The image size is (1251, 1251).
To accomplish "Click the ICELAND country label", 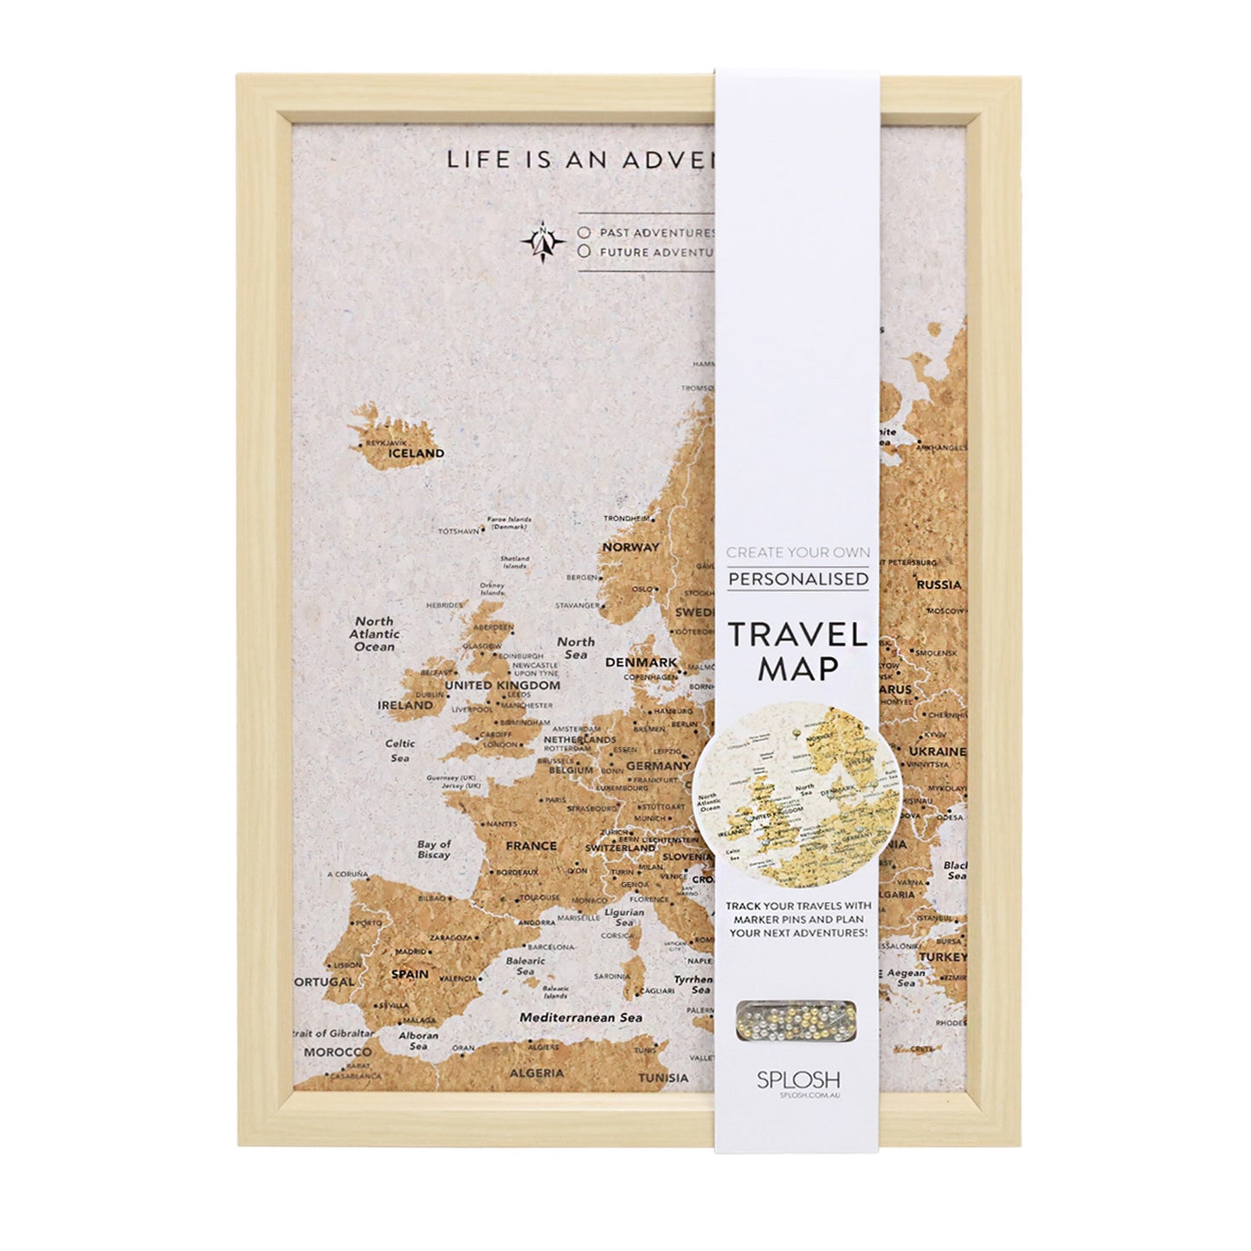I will tap(416, 453).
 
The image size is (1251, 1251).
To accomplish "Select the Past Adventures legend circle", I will tap(585, 233).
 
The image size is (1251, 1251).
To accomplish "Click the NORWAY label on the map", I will tap(631, 547).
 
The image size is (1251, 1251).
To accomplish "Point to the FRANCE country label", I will tap(531, 846).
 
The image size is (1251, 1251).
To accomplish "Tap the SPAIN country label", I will tap(409, 974).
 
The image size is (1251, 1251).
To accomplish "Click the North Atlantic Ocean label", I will tap(374, 634).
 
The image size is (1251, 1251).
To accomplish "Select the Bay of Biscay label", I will tap(434, 849).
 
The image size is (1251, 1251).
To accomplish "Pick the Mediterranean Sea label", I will tap(581, 1017).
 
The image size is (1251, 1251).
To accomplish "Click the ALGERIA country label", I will tap(537, 1074).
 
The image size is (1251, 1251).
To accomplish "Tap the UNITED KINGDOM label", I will tap(502, 685).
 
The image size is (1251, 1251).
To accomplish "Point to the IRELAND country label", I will tap(405, 706).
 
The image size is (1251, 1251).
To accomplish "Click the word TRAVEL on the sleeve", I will tap(797, 635).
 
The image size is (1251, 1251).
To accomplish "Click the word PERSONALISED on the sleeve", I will tap(797, 578).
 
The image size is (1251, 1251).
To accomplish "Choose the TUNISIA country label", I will tap(663, 1078).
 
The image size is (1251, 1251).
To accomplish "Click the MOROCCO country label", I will tap(337, 1052).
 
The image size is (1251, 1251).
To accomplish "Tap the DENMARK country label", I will tap(642, 662).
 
